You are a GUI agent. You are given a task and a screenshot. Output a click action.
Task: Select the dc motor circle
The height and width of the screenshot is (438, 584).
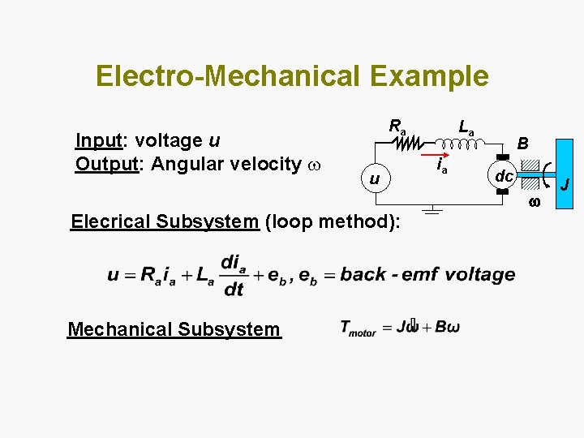click(x=504, y=175)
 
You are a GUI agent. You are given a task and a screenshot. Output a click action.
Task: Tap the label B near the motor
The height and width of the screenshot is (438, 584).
click(x=524, y=144)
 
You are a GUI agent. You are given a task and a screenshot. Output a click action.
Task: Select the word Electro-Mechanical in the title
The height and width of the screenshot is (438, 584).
click(x=228, y=76)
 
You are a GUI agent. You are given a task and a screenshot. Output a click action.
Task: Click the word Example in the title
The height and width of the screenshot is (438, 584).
click(x=429, y=76)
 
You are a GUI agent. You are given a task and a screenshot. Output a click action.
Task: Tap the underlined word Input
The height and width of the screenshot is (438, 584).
click(x=98, y=140)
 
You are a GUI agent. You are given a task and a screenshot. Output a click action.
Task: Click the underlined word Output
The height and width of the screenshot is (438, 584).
click(x=106, y=164)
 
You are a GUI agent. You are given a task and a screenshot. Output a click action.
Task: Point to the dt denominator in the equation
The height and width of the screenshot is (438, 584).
click(x=233, y=290)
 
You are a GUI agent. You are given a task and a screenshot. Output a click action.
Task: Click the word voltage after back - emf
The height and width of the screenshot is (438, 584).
click(x=479, y=274)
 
